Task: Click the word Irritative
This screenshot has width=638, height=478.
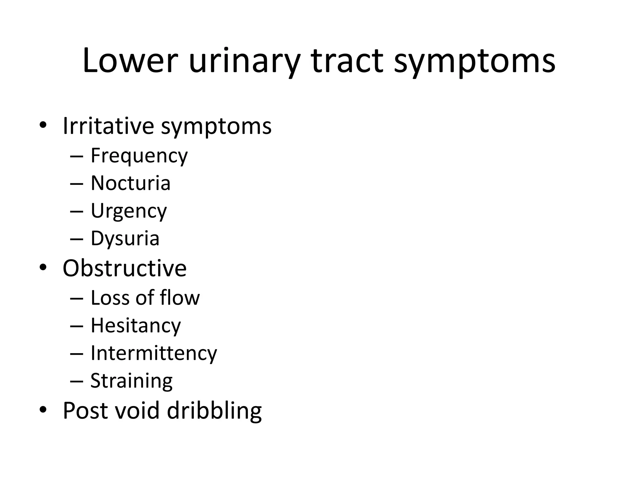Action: pyautogui.click(x=108, y=126)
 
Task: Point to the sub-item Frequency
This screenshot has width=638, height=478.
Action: pyautogui.click(x=139, y=156)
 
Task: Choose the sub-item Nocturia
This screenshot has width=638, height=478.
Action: pyautogui.click(x=131, y=183)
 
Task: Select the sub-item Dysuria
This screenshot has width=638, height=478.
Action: pyautogui.click(x=125, y=239)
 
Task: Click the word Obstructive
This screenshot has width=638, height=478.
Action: pyautogui.click(x=124, y=268)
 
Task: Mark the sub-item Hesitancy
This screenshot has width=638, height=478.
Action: pyautogui.click(x=136, y=326)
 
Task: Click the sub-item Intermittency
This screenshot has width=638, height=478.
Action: pyautogui.click(x=154, y=353)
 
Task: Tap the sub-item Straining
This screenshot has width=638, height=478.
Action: pyautogui.click(x=131, y=381)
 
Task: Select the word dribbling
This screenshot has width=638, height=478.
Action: pyautogui.click(x=214, y=410)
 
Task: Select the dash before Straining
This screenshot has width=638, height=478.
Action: pyautogui.click(x=77, y=381)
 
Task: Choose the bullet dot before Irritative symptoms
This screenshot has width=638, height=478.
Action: pyautogui.click(x=43, y=125)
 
